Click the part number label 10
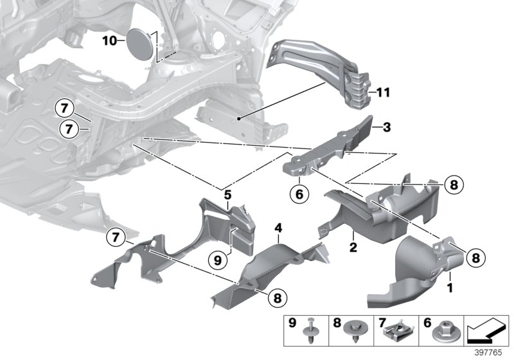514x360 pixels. pyautogui.click(x=109, y=40)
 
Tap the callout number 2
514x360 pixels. pyautogui.click(x=353, y=247)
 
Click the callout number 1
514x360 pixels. pyautogui.click(x=450, y=289)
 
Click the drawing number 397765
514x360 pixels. pyautogui.click(x=493, y=352)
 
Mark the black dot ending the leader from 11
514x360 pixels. pyautogui.click(x=239, y=118)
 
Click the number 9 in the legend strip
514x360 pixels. pyautogui.click(x=292, y=322)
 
